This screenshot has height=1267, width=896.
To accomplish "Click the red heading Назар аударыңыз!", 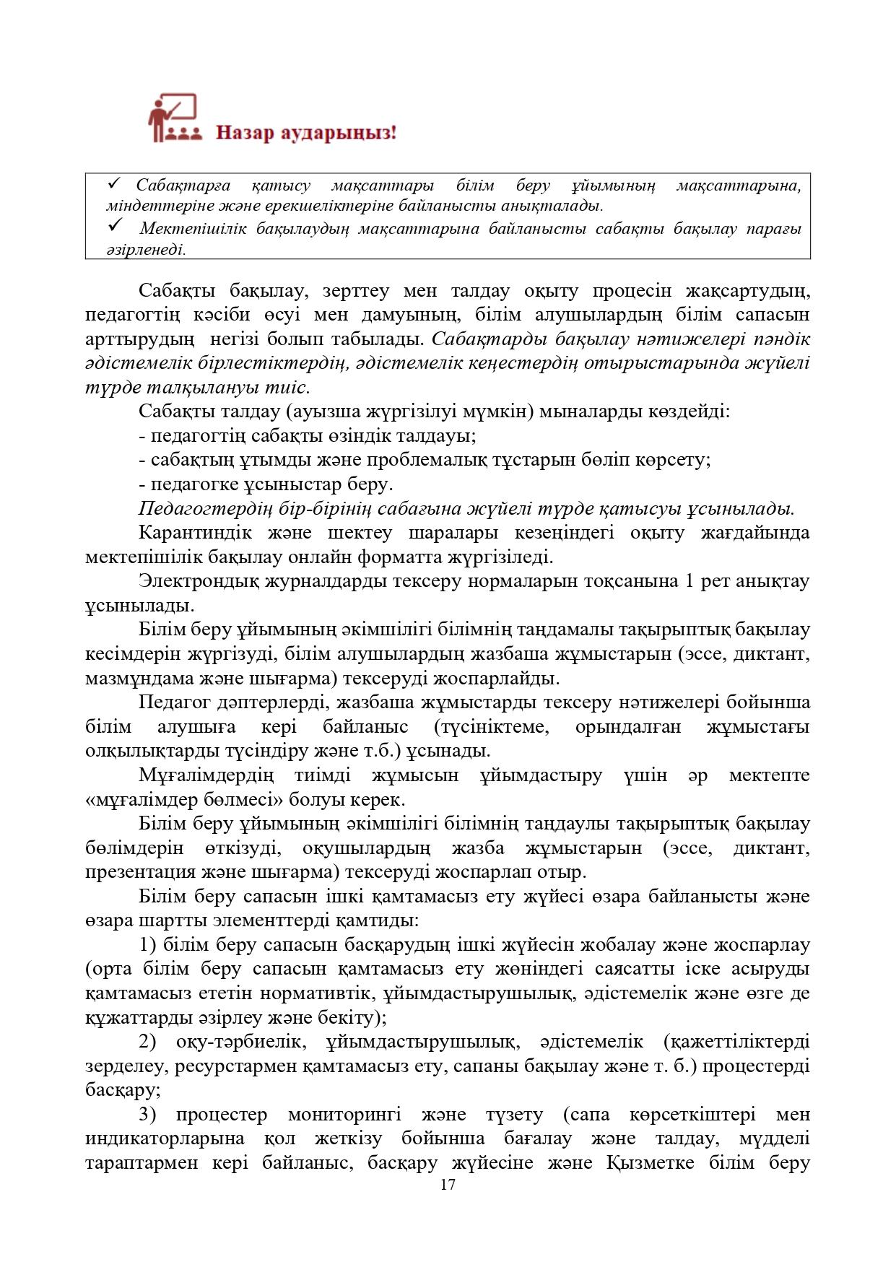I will click(x=306, y=134).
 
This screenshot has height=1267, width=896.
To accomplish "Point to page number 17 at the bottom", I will click(x=448, y=1185).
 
